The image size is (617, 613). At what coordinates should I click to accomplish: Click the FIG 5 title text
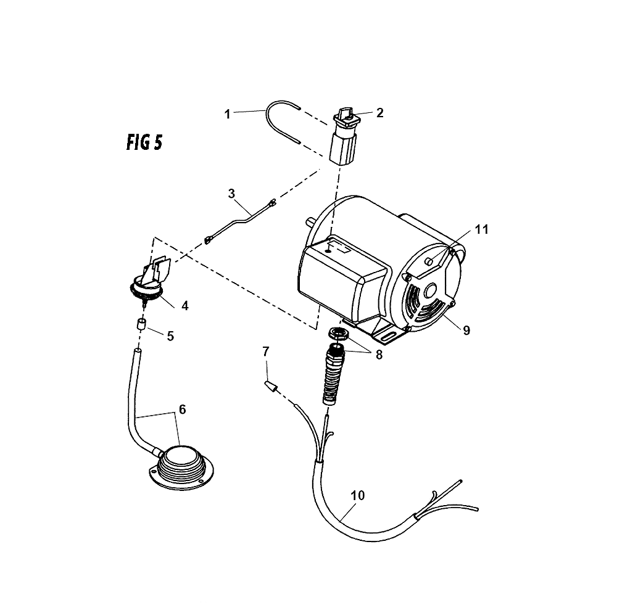144,142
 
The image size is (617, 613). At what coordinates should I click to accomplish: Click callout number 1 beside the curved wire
227,115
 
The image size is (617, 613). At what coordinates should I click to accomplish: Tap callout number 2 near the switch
379,113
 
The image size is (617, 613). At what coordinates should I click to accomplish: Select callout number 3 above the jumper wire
231,194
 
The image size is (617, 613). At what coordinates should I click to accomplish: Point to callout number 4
184,305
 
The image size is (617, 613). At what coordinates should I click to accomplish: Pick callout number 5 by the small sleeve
170,336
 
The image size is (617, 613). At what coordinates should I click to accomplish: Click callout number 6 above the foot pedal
182,409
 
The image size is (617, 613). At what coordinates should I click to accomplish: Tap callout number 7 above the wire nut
266,351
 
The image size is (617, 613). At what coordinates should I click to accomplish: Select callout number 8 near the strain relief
379,355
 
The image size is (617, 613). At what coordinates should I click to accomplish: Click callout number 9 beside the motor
466,331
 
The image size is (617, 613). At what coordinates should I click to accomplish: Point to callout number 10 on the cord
357,495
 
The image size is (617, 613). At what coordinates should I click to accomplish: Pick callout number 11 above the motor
482,229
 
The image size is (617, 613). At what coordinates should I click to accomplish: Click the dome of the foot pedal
181,456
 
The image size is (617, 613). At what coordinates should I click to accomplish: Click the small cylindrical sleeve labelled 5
141,325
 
